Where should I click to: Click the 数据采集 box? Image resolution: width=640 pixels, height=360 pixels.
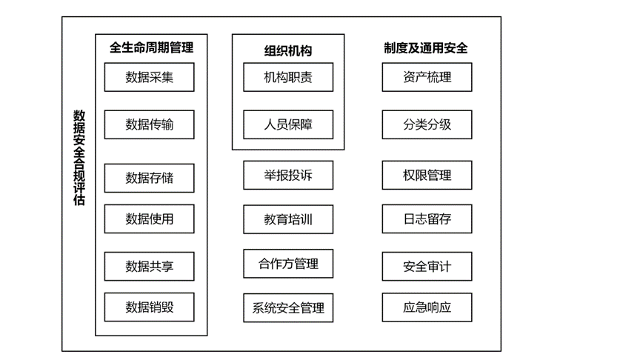150,77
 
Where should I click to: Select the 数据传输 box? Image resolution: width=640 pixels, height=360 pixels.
150,124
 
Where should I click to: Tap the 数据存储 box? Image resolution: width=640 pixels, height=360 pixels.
150,178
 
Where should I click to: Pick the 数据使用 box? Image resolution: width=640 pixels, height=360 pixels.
150,219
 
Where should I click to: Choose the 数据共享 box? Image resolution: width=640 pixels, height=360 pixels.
150,266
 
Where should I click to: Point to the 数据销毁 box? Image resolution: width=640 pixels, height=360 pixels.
150,307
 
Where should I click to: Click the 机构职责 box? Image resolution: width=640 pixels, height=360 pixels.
288,77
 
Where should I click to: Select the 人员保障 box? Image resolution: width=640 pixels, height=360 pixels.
288,124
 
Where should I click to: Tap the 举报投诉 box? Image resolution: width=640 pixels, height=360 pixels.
288,175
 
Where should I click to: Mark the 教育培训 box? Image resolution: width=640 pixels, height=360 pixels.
288,219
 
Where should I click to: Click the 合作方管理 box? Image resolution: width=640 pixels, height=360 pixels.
288,264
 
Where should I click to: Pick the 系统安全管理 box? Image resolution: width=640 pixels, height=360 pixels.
288,307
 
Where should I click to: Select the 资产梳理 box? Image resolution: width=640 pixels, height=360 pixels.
427,77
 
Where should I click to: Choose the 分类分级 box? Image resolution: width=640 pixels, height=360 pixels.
427,124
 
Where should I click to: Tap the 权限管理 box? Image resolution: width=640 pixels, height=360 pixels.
427,175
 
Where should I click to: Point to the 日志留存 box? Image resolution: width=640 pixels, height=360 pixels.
427,219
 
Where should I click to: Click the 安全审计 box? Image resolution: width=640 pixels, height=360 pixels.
427,266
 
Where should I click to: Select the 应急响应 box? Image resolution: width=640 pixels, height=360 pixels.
427,307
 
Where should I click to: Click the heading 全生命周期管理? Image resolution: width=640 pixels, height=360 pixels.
151,47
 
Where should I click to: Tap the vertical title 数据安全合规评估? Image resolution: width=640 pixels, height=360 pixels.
79,158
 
